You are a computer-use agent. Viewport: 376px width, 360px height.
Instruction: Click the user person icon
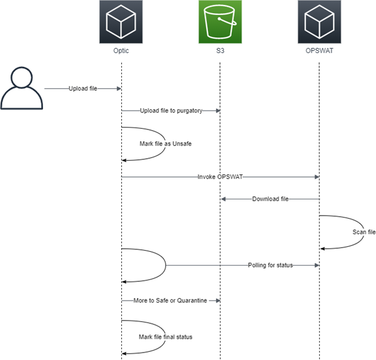22,89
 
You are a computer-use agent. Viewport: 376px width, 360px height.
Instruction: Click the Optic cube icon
121,22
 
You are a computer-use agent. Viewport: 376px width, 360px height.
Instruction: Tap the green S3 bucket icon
220,22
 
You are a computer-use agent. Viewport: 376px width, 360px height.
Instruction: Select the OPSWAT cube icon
319,22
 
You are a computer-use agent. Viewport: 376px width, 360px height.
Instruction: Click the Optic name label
121,51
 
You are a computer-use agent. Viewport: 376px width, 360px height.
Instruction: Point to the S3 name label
220,51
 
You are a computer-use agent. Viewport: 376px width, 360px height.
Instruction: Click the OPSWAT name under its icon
319,51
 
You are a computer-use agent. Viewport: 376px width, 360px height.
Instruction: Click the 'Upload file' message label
82,89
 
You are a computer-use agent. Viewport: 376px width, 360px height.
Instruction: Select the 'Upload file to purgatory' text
170,111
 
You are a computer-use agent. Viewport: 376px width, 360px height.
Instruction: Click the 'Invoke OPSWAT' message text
220,177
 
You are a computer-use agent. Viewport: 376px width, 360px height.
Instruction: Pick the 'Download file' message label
270,199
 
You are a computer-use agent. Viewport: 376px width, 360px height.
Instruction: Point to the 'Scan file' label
363,232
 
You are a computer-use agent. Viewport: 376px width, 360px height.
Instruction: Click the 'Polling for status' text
270,266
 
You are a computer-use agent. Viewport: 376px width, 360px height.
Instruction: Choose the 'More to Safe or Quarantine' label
170,301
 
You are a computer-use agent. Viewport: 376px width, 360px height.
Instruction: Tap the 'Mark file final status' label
166,337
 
